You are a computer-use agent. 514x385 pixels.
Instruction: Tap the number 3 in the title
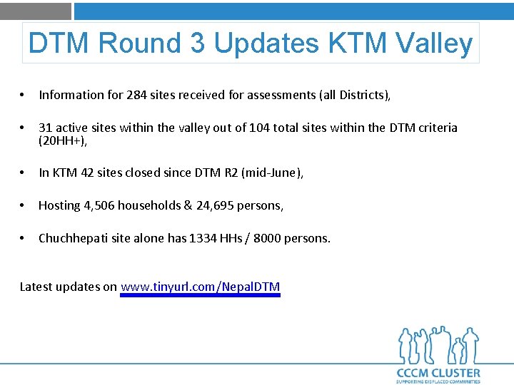197,43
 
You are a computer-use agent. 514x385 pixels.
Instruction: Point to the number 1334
203,238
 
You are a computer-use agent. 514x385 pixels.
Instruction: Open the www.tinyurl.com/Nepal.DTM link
201,287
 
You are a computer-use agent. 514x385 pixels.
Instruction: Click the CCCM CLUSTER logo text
438,373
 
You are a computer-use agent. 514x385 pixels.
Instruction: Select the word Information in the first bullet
70,95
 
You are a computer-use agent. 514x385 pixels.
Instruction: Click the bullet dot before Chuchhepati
24,238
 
